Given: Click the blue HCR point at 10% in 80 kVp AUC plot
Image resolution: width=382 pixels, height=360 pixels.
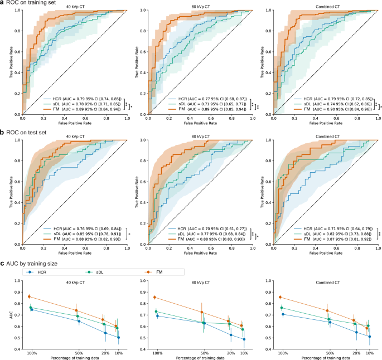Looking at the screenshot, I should coord(244,339).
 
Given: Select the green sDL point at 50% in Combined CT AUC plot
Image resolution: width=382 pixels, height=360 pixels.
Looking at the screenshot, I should coord(330,319).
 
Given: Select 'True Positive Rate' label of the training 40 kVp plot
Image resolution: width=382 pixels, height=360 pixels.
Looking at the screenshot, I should coord(11,65).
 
